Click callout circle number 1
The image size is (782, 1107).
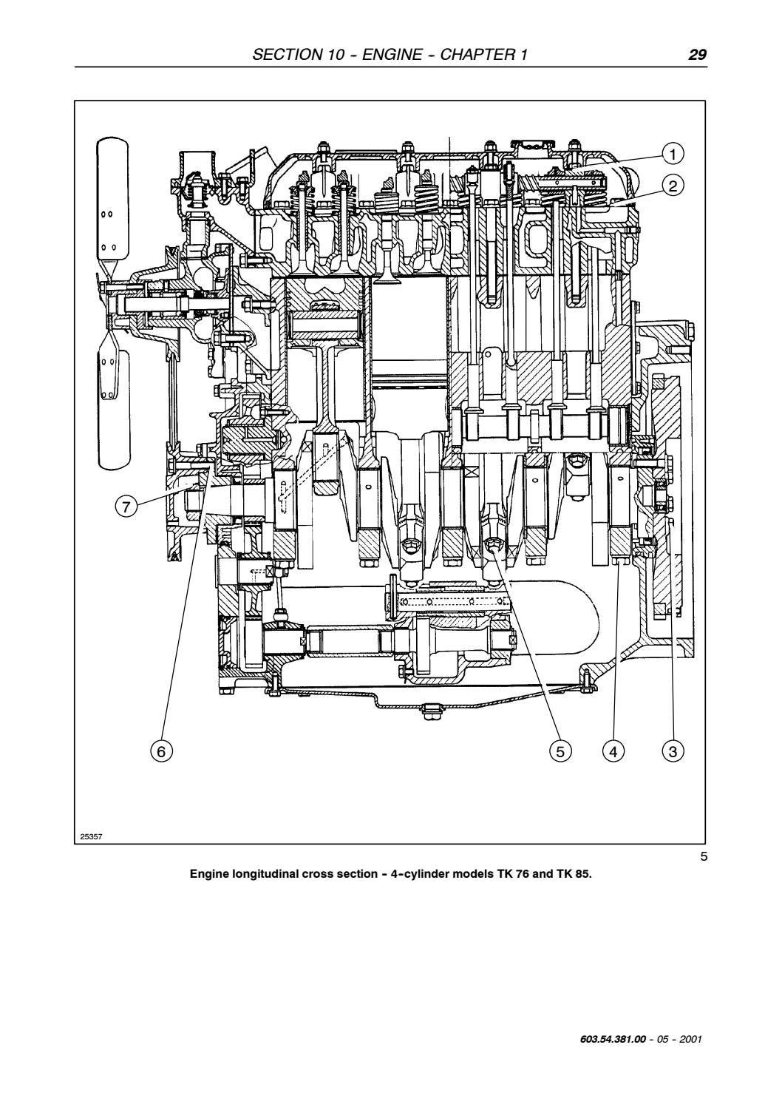pyautogui.click(x=673, y=155)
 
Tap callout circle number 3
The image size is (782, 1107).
pyautogui.click(x=673, y=751)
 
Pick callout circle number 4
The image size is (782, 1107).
pyautogui.click(x=613, y=751)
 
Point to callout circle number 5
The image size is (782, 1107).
pyautogui.click(x=560, y=751)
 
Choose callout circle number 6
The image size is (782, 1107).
pyautogui.click(x=161, y=751)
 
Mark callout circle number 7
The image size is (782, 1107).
pyautogui.click(x=126, y=507)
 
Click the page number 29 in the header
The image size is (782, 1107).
pyautogui.click(x=697, y=55)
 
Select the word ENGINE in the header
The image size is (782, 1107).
pyautogui.click(x=392, y=55)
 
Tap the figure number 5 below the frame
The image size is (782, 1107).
pyautogui.click(x=704, y=856)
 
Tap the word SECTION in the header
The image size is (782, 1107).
pyautogui.click(x=287, y=55)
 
